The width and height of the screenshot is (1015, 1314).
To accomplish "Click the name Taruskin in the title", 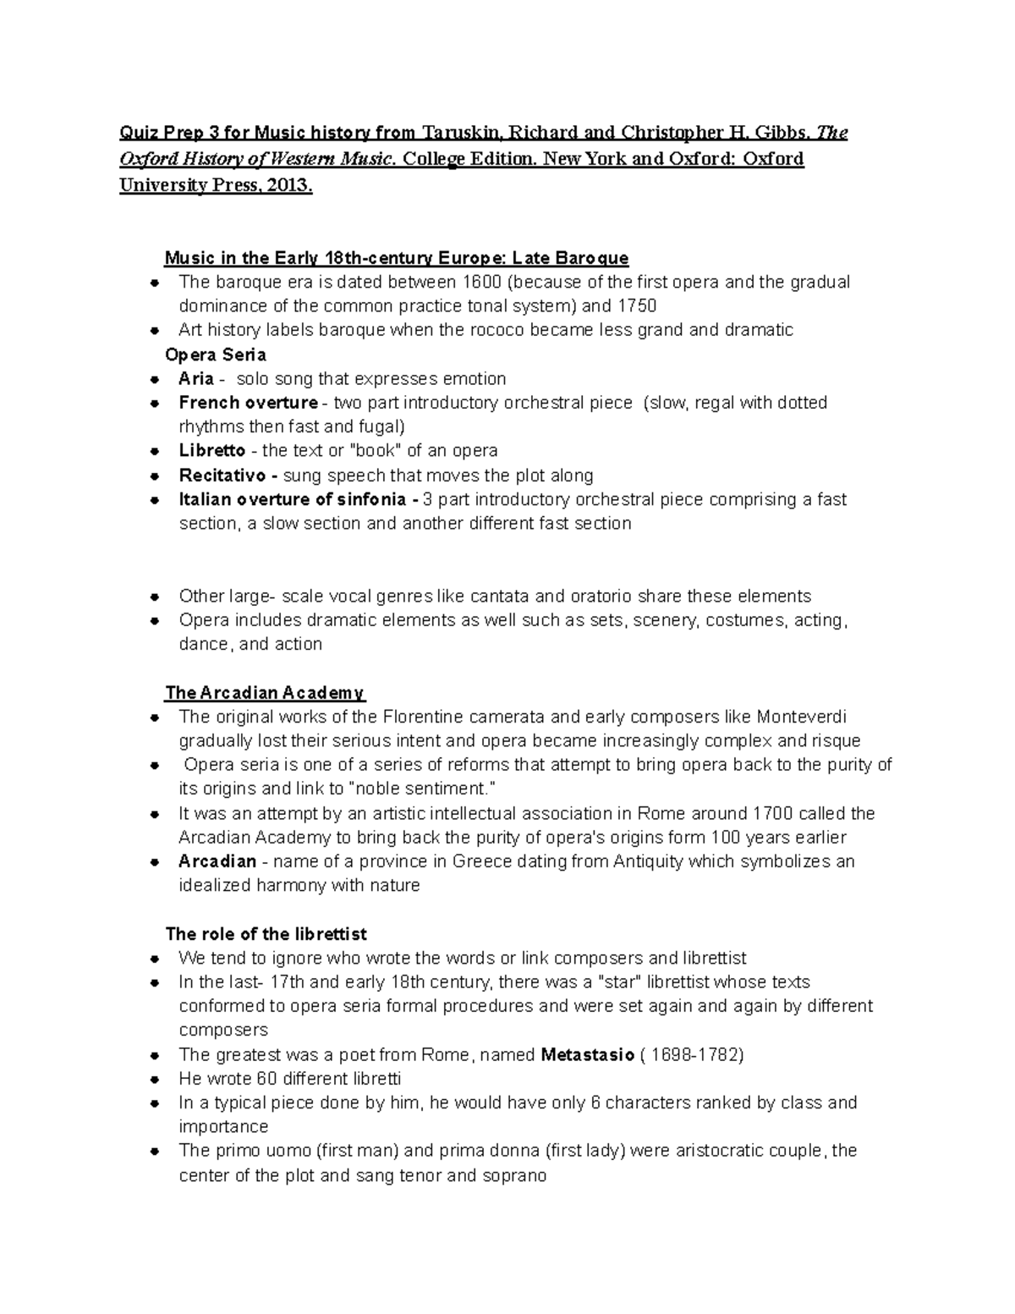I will (463, 133).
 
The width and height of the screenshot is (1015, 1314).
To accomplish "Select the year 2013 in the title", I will (288, 186).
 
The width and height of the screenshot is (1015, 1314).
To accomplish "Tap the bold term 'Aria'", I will (196, 378).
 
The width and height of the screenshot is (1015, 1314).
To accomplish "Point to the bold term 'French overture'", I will (248, 403).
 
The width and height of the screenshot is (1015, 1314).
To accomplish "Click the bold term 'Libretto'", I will (211, 451).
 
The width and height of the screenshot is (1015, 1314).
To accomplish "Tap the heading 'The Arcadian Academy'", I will (264, 693).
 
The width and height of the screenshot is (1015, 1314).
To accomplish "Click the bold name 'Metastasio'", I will (587, 1055).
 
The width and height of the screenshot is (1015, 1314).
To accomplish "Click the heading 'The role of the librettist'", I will (266, 934).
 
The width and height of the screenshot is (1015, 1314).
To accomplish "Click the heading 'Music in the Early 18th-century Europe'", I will (396, 258).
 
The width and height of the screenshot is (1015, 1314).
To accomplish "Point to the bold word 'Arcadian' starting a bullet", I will (217, 861).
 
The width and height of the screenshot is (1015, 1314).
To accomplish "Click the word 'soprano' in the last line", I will (515, 1175).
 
